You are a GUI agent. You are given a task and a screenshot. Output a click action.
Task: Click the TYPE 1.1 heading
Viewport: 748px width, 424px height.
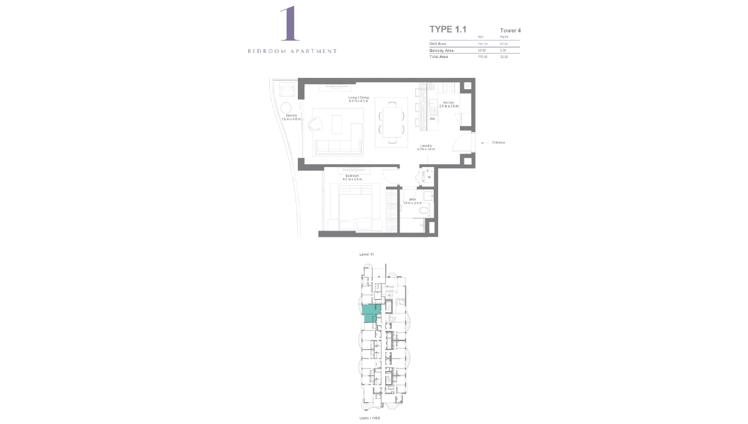coord(448,29)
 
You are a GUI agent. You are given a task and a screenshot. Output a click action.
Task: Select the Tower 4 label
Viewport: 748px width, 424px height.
coord(510,30)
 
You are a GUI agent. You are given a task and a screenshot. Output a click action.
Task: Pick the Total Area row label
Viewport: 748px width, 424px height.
coord(439,57)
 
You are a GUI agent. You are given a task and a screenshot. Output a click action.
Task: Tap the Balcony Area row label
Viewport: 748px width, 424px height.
coord(441,50)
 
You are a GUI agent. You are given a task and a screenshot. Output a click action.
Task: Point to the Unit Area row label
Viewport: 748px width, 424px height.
coord(438,44)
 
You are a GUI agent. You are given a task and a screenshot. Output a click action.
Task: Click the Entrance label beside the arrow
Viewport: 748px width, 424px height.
coord(498,143)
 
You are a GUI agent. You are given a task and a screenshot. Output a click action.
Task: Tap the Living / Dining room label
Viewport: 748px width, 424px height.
coord(358,98)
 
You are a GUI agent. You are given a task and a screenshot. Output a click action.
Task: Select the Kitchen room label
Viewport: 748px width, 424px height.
coord(449,103)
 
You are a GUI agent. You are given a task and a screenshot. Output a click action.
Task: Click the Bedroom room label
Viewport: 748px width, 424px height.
coord(352,176)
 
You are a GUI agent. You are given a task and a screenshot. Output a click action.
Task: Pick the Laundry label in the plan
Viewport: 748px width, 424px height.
coord(426,148)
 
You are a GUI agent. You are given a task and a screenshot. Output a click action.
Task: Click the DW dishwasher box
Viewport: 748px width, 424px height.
coord(432,118)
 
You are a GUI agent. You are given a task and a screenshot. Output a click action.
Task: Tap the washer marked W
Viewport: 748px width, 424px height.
coord(429,177)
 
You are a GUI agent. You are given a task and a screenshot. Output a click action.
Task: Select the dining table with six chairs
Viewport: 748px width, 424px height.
coord(390,122)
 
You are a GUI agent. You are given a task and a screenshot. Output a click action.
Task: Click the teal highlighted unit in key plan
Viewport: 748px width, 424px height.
coord(372,312)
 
